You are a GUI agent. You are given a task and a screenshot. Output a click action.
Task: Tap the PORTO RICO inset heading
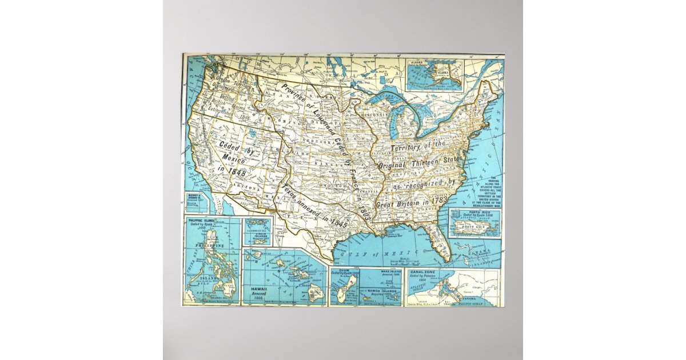click(474, 212)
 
